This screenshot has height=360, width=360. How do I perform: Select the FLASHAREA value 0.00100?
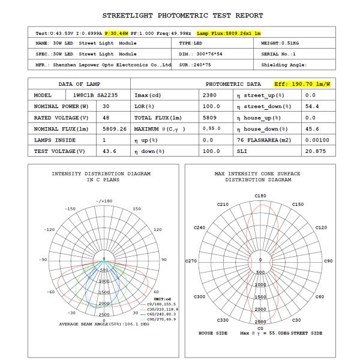(x=317, y=140)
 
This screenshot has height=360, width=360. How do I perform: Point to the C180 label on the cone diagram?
(x=260, y=196)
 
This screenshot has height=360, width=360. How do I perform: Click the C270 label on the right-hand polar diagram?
(x=193, y=261)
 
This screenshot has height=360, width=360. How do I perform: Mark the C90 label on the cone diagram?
(x=328, y=261)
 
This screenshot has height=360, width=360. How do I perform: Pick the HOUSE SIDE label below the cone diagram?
(x=212, y=333)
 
